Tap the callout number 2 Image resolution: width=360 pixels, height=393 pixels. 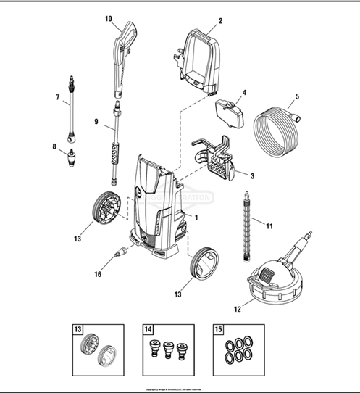(x=220, y=21)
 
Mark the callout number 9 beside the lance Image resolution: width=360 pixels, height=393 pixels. (x=95, y=122)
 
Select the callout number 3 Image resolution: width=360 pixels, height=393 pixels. (x=251, y=175)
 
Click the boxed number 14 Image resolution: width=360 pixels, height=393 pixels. (x=148, y=328)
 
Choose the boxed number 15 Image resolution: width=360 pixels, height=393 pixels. (x=218, y=328)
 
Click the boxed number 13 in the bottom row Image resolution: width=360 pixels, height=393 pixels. (x=78, y=328)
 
